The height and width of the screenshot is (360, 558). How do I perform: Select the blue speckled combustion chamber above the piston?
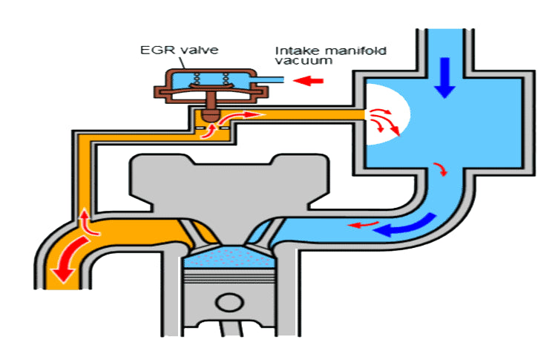(x=223, y=259)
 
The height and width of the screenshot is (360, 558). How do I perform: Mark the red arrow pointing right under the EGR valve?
(x=250, y=115)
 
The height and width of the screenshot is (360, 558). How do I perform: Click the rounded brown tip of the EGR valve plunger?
(x=211, y=116)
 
